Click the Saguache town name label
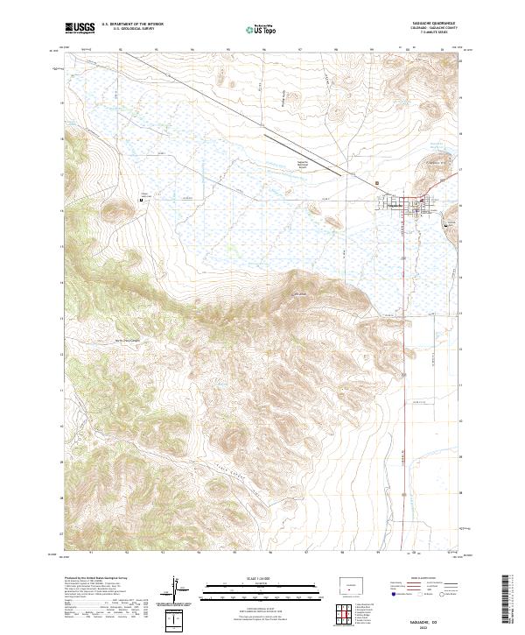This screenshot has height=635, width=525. coord(399,205)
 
